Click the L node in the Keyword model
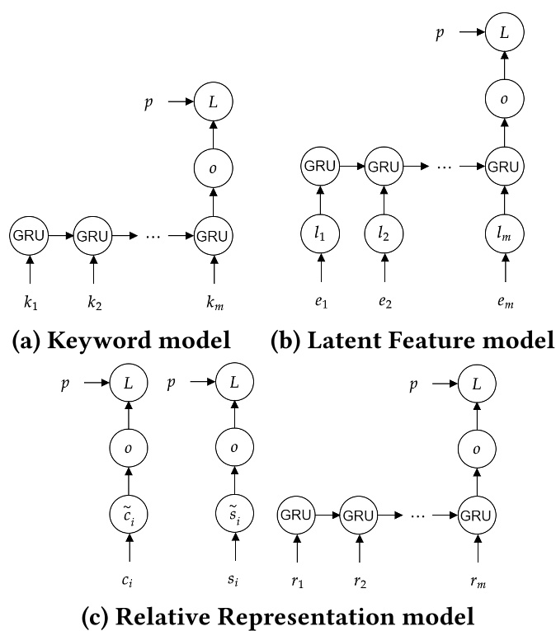pos(214,103)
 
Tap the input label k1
pos(30,304)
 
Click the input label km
pos(214,304)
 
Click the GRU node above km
pos(214,236)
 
